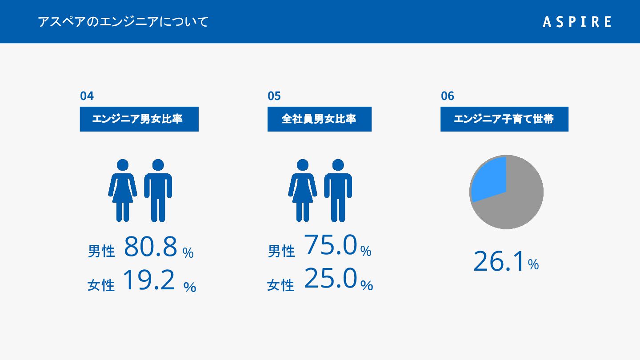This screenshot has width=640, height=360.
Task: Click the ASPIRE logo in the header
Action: point(577,22)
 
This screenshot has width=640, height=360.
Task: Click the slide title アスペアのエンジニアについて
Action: point(123,22)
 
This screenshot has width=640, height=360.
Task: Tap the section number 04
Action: point(87,96)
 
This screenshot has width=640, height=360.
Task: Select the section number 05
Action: point(274,96)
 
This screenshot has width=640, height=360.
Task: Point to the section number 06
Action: point(448,96)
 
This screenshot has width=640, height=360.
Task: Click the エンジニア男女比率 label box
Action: point(139,119)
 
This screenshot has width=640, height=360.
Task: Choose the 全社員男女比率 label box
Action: point(320,119)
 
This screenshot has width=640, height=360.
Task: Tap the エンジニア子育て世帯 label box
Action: point(504,119)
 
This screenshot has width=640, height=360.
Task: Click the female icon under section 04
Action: point(123,190)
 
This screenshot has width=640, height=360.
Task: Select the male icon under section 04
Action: point(158,190)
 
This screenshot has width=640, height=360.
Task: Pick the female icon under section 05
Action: point(303,190)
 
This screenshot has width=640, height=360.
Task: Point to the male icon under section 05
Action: point(338,190)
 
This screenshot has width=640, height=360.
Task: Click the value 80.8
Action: point(151,247)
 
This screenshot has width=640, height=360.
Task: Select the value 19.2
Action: point(149,280)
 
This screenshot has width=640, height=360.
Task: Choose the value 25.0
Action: point(331,278)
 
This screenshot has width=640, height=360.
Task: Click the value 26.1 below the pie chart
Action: point(499,261)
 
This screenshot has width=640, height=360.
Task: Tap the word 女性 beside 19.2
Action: point(101,285)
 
